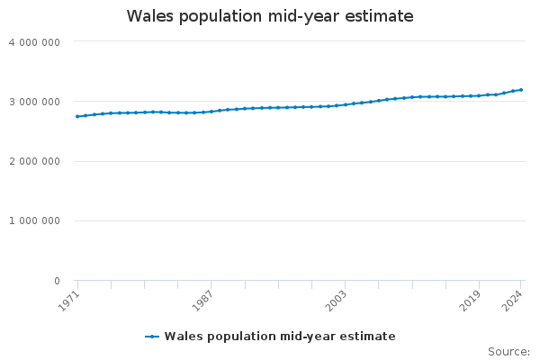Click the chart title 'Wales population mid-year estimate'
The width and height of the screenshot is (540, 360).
point(270,16)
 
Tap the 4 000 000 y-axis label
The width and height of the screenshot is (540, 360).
point(34,42)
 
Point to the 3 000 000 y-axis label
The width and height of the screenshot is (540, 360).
point(34,102)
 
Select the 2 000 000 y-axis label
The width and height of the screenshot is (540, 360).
point(34,161)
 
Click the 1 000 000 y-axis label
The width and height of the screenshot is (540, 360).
point(34,221)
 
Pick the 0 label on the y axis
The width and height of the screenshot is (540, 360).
point(56,281)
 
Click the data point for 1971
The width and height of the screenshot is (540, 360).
point(77,116)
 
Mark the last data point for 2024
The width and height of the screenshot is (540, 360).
point(521,90)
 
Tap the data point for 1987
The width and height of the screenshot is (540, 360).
point(211,112)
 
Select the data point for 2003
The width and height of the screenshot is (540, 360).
point(346,104)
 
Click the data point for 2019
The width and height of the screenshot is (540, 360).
point(480,95)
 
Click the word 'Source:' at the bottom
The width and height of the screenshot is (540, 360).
point(508,352)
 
